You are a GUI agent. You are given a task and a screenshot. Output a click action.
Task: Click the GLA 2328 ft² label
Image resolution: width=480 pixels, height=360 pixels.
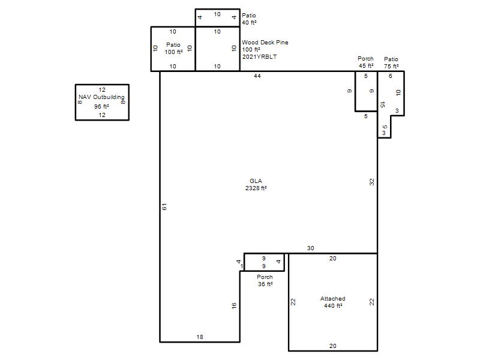pos(256,185)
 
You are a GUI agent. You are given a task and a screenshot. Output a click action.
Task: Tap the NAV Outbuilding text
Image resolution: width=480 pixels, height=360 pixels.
pos(101,97)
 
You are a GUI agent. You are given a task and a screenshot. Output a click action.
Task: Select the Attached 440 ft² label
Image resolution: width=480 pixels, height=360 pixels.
pos(333,302)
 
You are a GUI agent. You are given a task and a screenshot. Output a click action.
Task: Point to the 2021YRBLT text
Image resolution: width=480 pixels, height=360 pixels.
pos(260,56)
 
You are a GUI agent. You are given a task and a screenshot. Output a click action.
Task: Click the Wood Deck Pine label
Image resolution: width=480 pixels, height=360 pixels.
pos(265,42)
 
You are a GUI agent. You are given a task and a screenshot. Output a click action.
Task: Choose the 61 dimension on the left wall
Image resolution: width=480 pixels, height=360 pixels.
pos(164,206)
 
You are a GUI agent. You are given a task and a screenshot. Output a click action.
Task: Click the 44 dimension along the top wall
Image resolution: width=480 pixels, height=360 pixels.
pos(257,76)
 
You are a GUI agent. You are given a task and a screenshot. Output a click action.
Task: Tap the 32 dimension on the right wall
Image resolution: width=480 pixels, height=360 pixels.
pos(371,182)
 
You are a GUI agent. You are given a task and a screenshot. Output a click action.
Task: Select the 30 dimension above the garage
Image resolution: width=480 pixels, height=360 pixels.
pos(310,248)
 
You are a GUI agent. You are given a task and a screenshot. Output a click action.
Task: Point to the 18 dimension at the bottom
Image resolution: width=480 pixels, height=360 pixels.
pos(200,337)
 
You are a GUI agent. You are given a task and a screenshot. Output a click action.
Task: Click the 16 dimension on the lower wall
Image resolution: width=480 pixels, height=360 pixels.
pos(234,305)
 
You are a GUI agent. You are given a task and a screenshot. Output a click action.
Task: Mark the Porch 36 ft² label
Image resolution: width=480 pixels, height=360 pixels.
pos(265,280)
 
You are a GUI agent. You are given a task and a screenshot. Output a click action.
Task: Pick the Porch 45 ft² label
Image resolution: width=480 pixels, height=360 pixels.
pos(366,62)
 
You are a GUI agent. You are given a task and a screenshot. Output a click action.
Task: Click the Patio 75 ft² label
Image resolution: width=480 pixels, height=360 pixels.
pos(391,62)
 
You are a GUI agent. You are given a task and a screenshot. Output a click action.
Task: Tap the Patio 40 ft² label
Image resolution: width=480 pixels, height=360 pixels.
pos(249,19)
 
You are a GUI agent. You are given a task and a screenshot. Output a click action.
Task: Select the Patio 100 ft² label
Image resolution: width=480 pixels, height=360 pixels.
pos(173,49)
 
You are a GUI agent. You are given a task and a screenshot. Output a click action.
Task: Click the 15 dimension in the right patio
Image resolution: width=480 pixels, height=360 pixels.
pos(382,104)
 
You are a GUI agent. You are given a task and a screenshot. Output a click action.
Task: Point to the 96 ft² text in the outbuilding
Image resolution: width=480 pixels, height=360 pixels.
pos(101,107)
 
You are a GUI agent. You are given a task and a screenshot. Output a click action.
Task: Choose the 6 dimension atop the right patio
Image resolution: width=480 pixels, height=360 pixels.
pos(391,76)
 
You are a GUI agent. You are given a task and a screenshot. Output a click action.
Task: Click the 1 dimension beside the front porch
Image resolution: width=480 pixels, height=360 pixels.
pos(242,266)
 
